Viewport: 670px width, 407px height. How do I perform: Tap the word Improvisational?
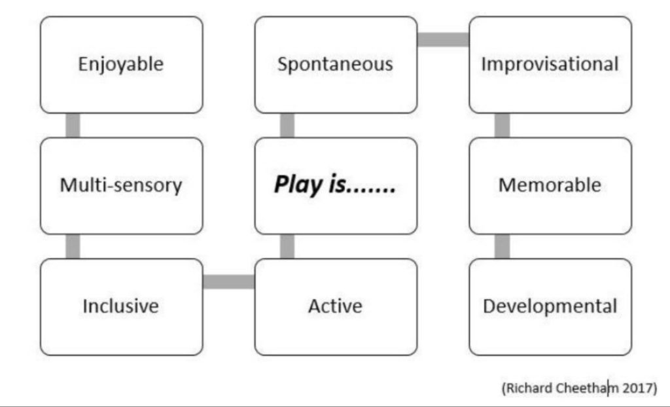(550, 64)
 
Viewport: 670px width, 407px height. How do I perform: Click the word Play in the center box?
(298, 185)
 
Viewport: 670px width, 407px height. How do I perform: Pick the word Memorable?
(550, 185)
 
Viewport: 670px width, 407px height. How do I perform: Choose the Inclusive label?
(121, 306)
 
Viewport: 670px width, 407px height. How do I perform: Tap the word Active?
(336, 306)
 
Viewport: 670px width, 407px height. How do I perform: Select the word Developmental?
(550, 306)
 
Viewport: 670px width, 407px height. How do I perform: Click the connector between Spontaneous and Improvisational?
(443, 39)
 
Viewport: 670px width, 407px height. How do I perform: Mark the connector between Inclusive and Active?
(228, 282)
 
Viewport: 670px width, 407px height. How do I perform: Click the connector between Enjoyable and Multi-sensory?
(73, 125)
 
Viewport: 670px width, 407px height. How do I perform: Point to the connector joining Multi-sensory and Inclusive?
(73, 246)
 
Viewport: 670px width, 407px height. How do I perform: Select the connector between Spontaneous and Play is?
(287, 125)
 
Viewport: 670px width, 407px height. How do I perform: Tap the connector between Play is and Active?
(287, 246)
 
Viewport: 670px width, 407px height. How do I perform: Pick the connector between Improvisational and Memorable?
(502, 125)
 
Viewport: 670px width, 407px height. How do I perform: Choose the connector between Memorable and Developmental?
(502, 246)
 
